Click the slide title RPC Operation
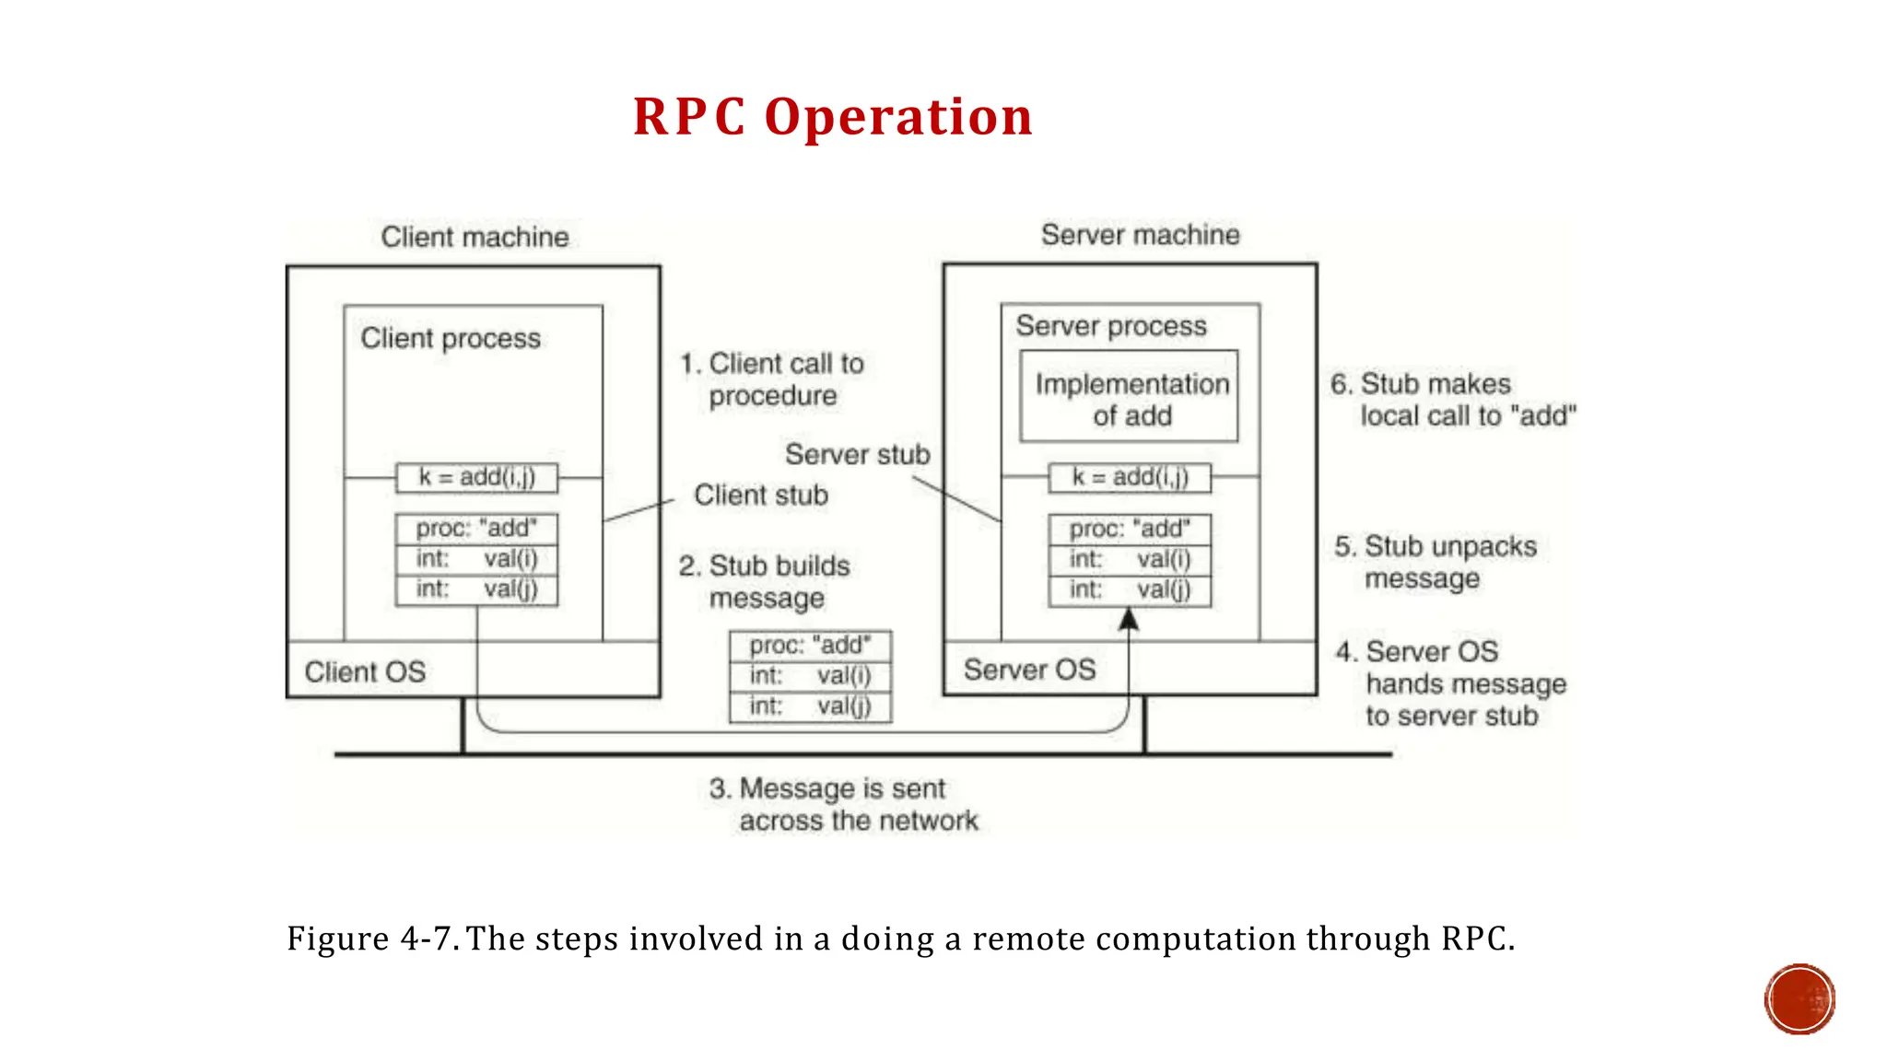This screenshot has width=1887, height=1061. (833, 117)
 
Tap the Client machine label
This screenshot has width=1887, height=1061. (475, 237)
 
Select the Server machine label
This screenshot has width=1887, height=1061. (1140, 235)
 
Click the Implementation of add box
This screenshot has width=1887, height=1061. (1130, 398)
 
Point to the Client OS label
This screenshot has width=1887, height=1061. (365, 671)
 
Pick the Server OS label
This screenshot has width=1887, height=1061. (1029, 670)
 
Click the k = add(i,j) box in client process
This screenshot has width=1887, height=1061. (476, 477)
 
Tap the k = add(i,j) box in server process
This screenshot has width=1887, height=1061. (1130, 477)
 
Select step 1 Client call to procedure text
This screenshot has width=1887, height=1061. (772, 379)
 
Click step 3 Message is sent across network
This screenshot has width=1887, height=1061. (843, 804)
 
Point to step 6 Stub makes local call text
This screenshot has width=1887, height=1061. (1452, 400)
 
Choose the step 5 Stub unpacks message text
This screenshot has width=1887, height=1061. (1435, 562)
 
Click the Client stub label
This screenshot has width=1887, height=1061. (760, 496)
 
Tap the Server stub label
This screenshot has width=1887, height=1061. (857, 454)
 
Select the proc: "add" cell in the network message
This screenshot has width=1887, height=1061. (810, 646)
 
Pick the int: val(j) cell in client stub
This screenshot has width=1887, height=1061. (476, 589)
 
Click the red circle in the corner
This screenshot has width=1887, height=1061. (1799, 999)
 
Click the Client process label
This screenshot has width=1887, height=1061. (451, 338)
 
